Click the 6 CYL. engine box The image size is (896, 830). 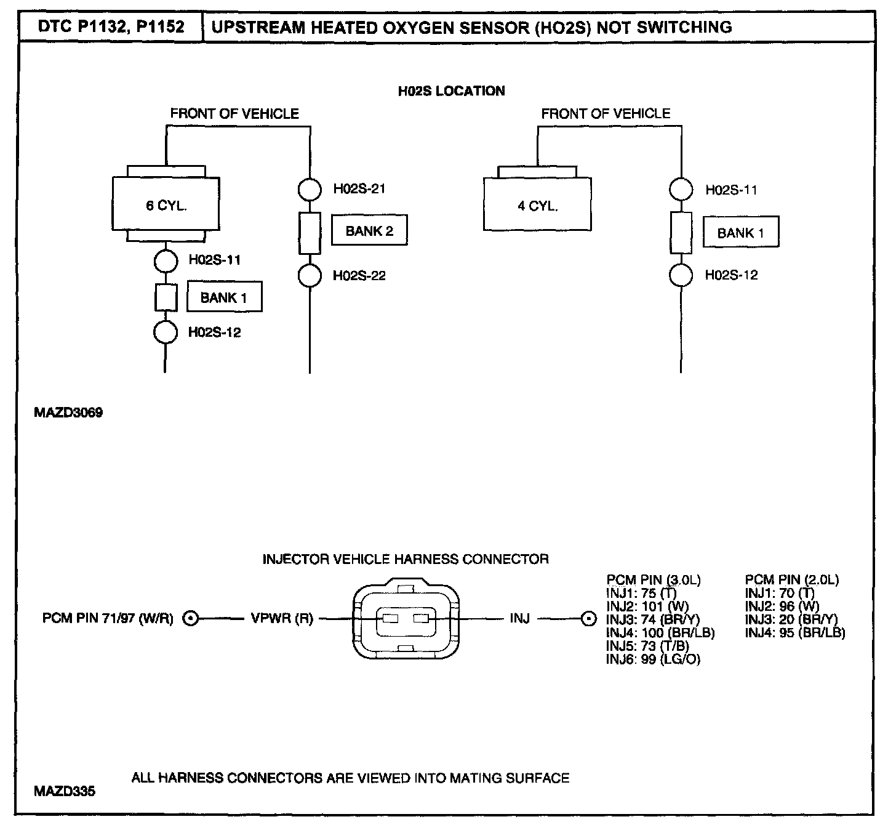[x=166, y=204]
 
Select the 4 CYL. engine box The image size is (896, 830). [x=537, y=204]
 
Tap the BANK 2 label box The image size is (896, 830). [x=369, y=231]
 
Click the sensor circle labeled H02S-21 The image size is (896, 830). [x=310, y=189]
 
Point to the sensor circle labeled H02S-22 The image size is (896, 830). [x=310, y=275]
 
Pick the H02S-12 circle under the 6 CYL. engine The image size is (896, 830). [x=165, y=332]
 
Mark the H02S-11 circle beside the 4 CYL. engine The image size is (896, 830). [x=681, y=190]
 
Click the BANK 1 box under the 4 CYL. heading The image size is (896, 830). [x=740, y=233]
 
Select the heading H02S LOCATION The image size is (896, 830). [x=452, y=91]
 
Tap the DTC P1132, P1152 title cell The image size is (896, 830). [x=111, y=27]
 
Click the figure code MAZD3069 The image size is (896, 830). [x=68, y=413]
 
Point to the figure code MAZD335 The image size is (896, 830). [x=65, y=791]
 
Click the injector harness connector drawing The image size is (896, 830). [x=406, y=618]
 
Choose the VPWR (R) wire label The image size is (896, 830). [x=282, y=618]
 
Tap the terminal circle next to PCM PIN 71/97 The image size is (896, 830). [x=191, y=618]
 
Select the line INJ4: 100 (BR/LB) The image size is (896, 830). [x=660, y=632]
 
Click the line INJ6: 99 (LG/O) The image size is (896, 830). [x=653, y=659]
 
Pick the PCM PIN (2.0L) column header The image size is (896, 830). [x=791, y=579]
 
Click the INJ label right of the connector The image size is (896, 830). [x=519, y=618]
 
